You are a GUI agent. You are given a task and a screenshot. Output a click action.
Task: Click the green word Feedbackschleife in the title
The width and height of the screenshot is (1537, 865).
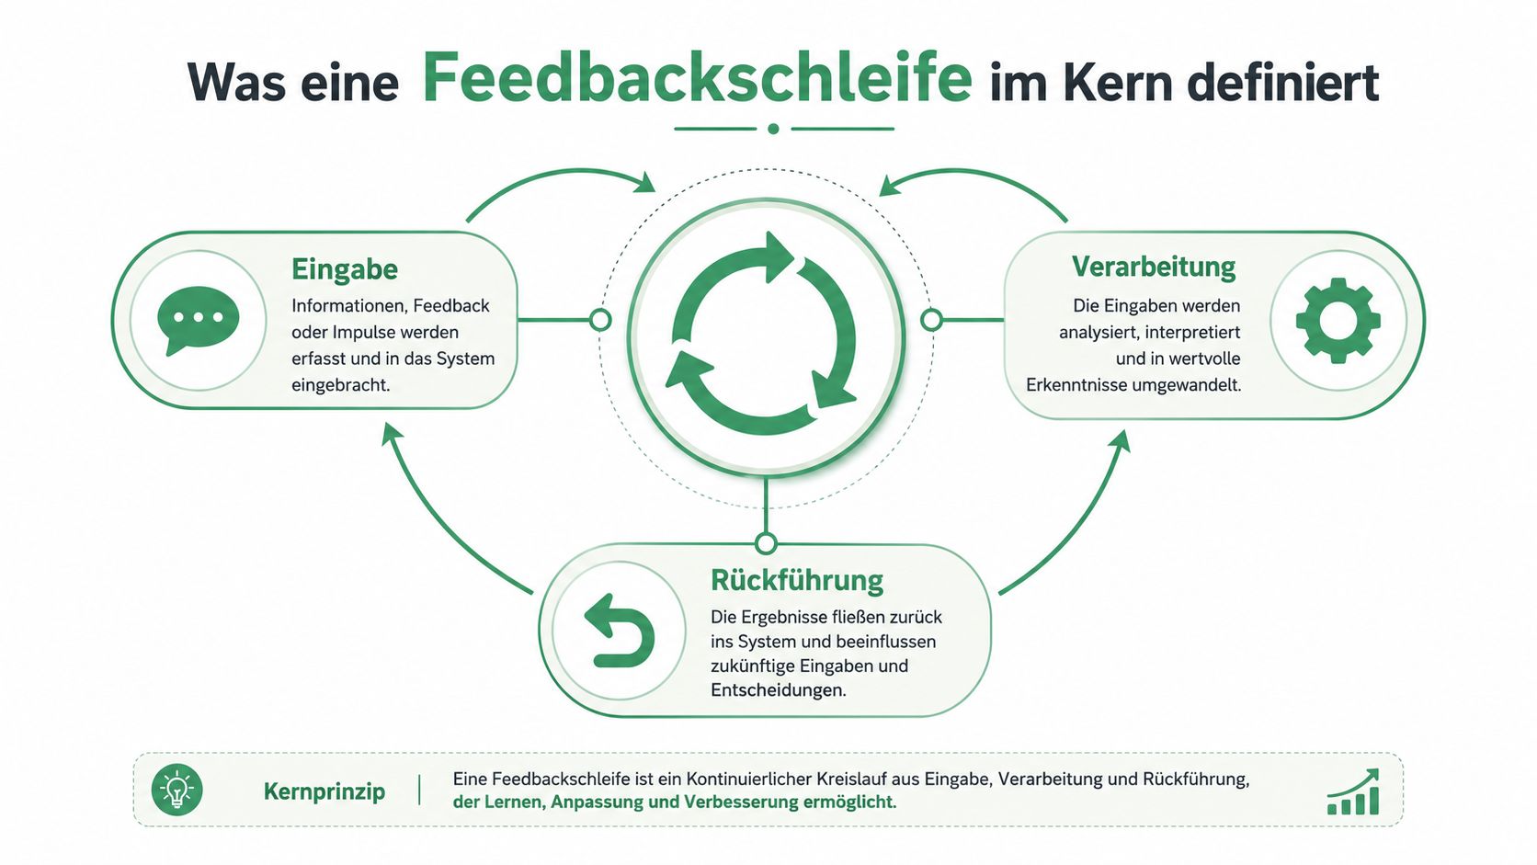point(697,77)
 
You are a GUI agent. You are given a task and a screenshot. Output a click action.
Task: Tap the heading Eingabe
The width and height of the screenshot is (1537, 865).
point(345,269)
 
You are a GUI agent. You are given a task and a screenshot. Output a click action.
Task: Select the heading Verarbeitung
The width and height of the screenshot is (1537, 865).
point(1154,267)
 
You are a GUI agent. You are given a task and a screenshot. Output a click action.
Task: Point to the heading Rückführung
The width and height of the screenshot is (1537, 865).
point(797,580)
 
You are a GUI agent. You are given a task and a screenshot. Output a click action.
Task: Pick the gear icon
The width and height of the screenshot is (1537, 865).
point(1338,320)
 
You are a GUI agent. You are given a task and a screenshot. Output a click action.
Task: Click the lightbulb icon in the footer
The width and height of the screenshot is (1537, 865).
point(177,791)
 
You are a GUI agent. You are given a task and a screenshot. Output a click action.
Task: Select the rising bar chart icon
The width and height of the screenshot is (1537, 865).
point(1353,791)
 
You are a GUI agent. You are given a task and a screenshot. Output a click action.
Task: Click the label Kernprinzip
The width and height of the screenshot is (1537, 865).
point(324,791)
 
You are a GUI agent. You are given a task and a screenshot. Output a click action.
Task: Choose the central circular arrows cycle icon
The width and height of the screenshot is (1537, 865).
point(765,334)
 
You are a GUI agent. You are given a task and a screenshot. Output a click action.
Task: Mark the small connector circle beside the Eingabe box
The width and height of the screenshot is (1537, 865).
point(600,320)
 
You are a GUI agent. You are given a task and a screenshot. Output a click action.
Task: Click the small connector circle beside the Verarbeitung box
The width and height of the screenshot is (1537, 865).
point(931,320)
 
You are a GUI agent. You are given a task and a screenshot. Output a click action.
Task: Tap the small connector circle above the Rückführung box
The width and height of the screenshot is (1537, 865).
point(766,544)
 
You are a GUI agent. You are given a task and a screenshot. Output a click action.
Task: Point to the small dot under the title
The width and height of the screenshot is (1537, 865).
point(773,129)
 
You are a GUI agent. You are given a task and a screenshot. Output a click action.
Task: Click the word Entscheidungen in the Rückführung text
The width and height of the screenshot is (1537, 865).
point(778,690)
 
